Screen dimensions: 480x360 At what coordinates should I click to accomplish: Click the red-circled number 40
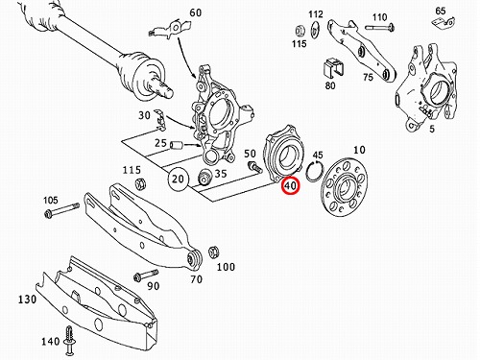(x=290, y=186)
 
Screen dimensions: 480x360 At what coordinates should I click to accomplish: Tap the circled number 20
(x=179, y=179)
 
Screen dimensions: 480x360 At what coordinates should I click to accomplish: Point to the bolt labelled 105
(x=62, y=210)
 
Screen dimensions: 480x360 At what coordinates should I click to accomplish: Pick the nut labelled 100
(x=213, y=252)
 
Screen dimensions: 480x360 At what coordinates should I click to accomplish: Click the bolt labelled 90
(x=146, y=276)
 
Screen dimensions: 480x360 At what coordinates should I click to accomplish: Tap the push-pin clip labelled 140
(x=70, y=340)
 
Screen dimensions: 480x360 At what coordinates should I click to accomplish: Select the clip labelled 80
(x=333, y=68)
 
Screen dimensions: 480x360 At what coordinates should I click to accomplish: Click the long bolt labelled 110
(x=379, y=28)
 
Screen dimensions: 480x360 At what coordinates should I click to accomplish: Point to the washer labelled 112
(x=315, y=30)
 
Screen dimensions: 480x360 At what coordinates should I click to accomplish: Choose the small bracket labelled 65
(x=444, y=23)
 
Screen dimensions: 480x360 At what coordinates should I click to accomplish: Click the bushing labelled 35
(x=204, y=178)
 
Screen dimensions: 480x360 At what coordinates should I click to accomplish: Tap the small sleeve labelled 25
(x=177, y=145)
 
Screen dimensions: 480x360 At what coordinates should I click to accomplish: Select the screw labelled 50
(x=254, y=167)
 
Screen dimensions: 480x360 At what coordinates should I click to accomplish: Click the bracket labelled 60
(x=170, y=29)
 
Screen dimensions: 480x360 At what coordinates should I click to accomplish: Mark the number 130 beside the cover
(x=27, y=300)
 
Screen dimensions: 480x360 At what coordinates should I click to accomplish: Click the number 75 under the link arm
(x=368, y=78)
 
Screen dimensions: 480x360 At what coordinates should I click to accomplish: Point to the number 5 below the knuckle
(x=432, y=129)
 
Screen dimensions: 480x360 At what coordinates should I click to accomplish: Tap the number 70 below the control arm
(x=196, y=279)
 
